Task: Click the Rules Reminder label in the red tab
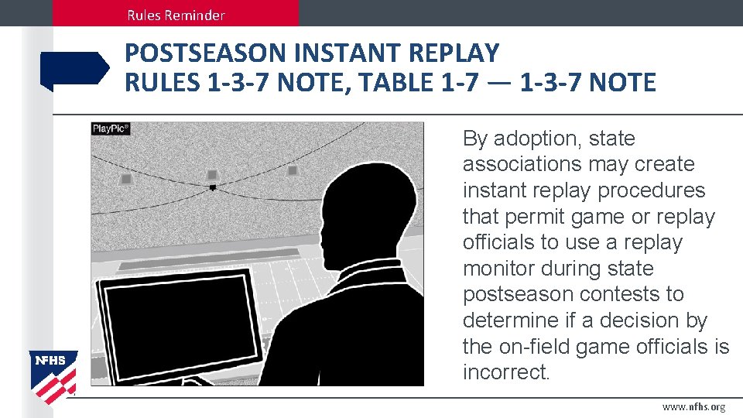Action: click(x=176, y=15)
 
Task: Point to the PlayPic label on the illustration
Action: click(x=111, y=129)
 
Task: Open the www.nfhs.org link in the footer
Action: click(x=693, y=407)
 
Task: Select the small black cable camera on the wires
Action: click(x=212, y=187)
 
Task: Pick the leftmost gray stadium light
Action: click(x=126, y=179)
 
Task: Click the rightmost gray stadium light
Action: click(x=293, y=170)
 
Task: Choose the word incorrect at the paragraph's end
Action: click(x=506, y=372)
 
